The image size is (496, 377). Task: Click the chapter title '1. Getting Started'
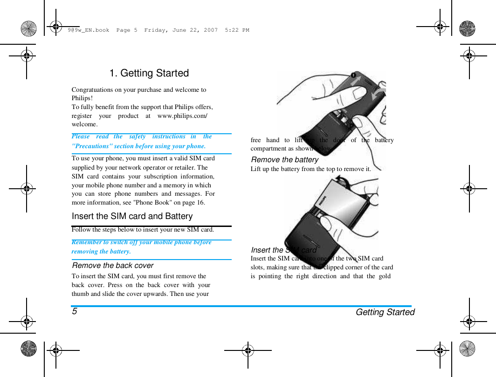[149, 73]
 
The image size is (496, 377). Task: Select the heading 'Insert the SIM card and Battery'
[132, 216]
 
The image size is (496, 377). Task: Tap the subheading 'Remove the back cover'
[112, 265]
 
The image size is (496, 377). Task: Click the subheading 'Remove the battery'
[284, 159]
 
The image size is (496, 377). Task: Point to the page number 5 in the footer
[75, 311]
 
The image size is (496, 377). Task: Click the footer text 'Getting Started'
[385, 312]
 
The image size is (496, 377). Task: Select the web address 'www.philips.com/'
[182, 116]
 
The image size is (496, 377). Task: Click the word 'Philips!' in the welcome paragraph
[82, 98]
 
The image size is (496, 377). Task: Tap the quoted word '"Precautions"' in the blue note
[93, 146]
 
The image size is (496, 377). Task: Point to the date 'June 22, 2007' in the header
[195, 30]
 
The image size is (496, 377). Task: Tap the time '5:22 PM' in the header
[237, 30]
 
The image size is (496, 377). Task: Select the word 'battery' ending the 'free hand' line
[384, 140]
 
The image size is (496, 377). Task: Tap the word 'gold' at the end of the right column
[385, 276]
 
